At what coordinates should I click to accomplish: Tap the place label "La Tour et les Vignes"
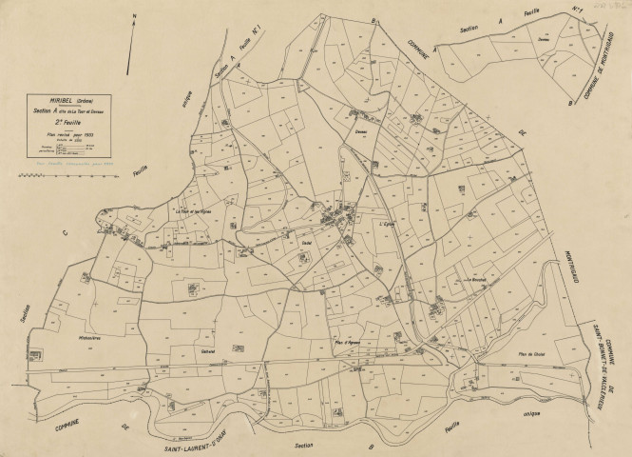[x=192, y=210]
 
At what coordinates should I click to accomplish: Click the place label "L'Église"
[x=385, y=224]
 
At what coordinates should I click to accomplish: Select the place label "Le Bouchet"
[x=475, y=280]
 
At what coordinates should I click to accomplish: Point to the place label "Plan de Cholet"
[x=529, y=352]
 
